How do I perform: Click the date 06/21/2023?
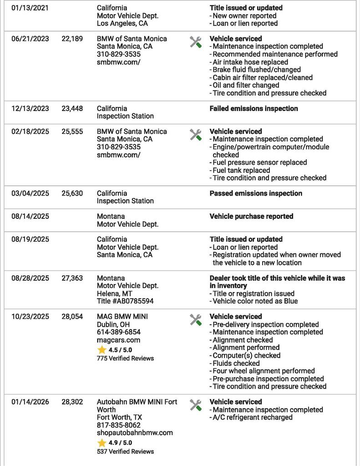(x=30, y=39)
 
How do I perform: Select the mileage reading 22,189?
(x=72, y=39)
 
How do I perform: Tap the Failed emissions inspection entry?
(x=254, y=109)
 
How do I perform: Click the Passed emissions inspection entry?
(x=256, y=193)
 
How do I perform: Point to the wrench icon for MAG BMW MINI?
(x=196, y=320)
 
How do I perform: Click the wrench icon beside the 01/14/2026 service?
(x=196, y=405)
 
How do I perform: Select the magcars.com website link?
(x=118, y=340)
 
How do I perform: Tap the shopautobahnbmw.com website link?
(x=135, y=433)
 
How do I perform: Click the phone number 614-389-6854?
(x=119, y=332)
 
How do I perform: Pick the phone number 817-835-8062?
(x=119, y=425)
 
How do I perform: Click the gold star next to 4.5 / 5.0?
(x=101, y=350)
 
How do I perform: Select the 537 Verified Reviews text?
(x=125, y=451)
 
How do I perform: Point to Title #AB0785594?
(x=125, y=301)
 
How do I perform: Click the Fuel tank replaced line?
(x=241, y=170)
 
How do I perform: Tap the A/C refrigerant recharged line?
(x=252, y=417)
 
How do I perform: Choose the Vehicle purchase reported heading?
(x=251, y=217)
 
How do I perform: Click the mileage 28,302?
(x=72, y=402)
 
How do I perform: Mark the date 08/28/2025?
(x=30, y=278)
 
